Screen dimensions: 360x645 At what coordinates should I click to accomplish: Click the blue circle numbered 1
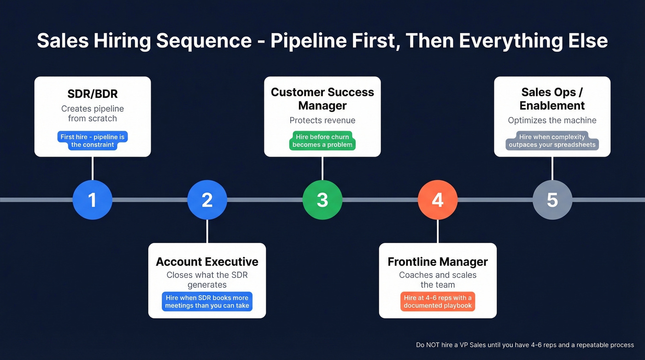tap(92, 200)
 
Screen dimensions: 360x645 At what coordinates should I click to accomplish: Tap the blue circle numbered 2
tap(207, 200)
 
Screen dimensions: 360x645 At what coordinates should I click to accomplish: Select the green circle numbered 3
tap(322, 200)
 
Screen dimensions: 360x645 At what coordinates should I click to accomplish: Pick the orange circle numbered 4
tap(437, 200)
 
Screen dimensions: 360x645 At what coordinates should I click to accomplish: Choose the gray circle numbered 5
tap(552, 200)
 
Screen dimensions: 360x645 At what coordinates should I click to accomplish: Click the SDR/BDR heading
tap(92, 94)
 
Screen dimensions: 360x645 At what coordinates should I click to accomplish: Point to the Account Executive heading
tap(207, 262)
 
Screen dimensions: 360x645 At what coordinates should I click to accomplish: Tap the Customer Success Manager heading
tap(322, 99)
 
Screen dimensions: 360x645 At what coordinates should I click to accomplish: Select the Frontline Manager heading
tap(437, 262)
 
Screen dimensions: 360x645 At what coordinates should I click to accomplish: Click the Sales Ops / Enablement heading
tap(552, 99)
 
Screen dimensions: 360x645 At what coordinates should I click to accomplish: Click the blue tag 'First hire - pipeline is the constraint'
tap(92, 141)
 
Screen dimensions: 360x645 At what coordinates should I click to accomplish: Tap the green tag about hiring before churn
tap(322, 141)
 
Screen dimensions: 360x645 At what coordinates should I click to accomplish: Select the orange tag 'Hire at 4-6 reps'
tap(437, 301)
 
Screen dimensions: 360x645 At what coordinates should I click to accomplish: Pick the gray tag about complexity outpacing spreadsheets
tap(552, 141)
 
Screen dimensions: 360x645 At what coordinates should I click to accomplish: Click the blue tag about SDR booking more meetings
tap(207, 301)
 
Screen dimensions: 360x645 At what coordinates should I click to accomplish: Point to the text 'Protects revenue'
tap(322, 120)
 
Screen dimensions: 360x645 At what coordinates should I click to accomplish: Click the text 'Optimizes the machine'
tap(552, 120)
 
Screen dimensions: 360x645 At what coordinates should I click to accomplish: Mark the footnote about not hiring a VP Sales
tap(525, 345)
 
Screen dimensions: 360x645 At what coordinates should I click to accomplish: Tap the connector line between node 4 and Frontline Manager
tap(437, 231)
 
